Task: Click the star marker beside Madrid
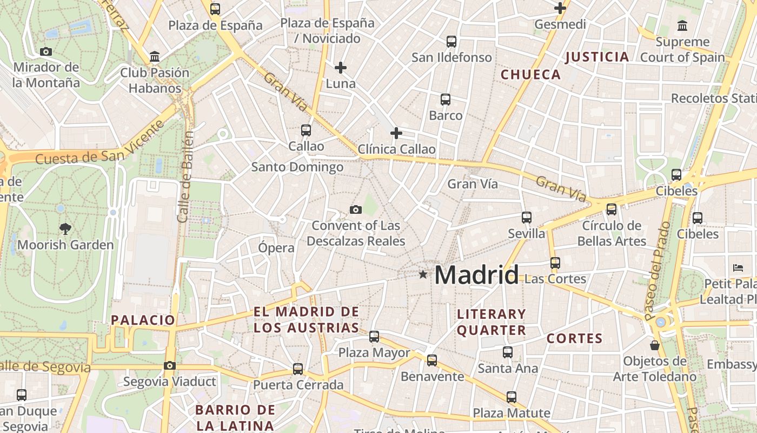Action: coord(423,275)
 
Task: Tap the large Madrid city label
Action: coord(476,275)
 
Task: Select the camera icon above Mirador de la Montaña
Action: coord(46,51)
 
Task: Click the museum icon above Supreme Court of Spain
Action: coord(682,25)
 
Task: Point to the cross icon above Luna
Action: coord(341,68)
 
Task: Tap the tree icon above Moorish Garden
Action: coord(65,228)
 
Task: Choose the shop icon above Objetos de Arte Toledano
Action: coord(655,345)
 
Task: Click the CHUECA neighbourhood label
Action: coord(531,75)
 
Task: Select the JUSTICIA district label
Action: coord(597,57)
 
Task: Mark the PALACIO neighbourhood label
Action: coord(143,320)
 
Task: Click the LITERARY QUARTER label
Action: coord(492,322)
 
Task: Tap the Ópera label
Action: coord(276,248)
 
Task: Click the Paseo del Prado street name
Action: coord(656,271)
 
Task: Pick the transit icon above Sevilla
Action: coord(527,218)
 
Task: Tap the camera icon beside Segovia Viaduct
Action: coord(170,365)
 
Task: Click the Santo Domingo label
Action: coord(297,167)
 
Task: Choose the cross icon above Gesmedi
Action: coord(560,8)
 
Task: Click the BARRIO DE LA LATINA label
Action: coord(235,417)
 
